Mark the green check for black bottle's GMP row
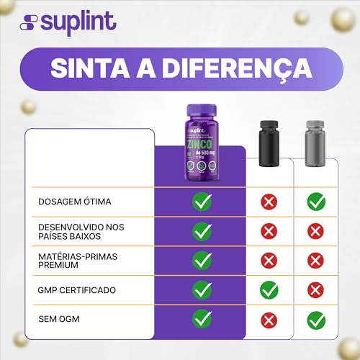(269, 290)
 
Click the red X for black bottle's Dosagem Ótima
(269, 202)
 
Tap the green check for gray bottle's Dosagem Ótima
(316, 202)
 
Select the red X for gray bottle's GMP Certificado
(316, 290)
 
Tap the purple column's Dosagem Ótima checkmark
(202, 202)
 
